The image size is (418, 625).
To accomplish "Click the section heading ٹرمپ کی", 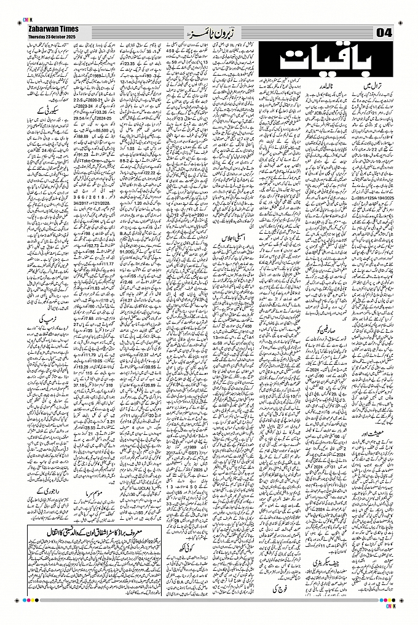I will (49, 320).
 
